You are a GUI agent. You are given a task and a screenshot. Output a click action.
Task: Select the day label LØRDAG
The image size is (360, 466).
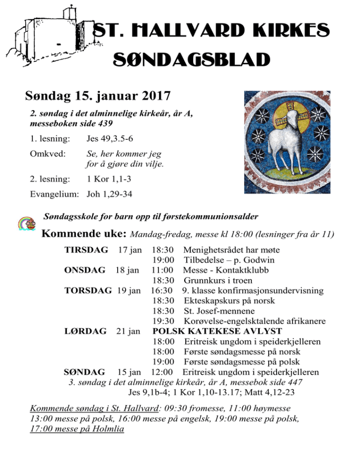85,331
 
